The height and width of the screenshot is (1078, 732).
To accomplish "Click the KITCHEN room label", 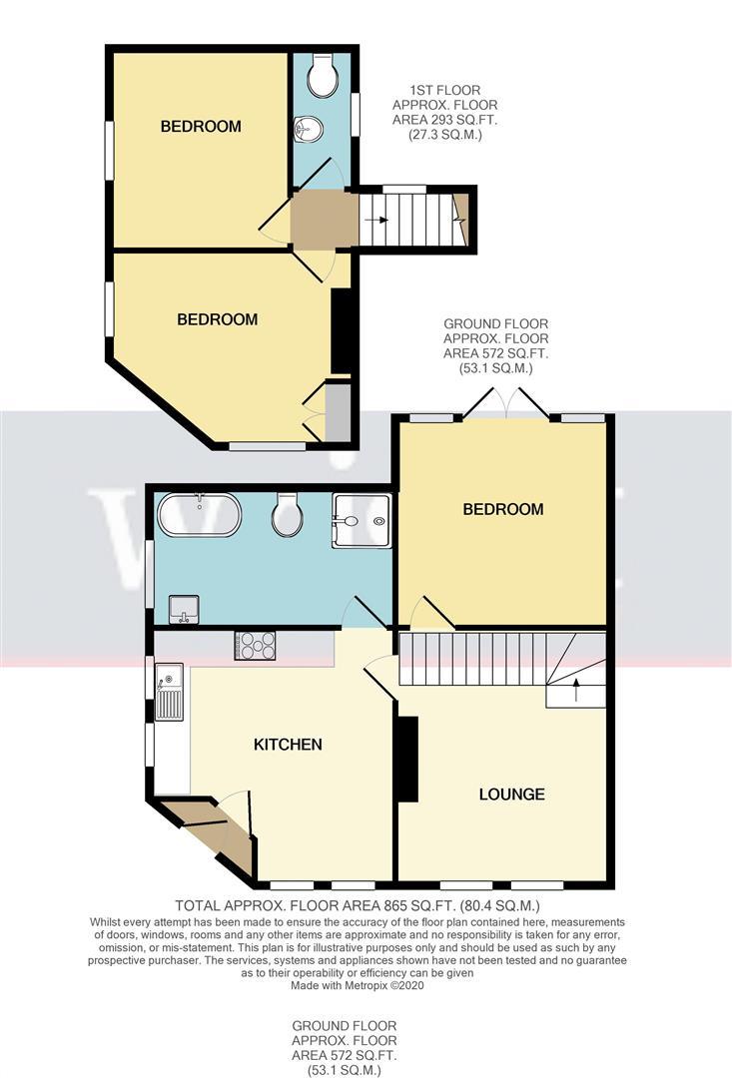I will (x=288, y=744).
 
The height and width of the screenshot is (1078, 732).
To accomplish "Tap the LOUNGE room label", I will (x=511, y=795).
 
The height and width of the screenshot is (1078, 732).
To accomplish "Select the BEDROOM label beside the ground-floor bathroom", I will (x=502, y=509).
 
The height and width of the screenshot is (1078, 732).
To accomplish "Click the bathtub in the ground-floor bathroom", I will (x=198, y=515).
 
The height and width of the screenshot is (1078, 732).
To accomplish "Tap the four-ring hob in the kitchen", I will (x=255, y=646).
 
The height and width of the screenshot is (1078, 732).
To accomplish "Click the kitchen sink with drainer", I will (x=168, y=694).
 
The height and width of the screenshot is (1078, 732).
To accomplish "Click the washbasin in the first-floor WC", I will (x=310, y=129).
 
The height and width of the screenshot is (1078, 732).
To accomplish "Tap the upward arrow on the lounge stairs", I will (x=575, y=686).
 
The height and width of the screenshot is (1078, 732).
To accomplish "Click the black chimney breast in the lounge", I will (x=406, y=759).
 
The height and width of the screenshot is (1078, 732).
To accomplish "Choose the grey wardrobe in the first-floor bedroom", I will (x=338, y=410).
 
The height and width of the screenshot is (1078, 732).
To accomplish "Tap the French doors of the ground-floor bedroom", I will (x=505, y=407).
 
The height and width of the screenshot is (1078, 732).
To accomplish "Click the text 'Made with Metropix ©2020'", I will (x=366, y=985).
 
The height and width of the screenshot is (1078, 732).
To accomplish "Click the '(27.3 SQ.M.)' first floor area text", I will (x=444, y=134).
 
